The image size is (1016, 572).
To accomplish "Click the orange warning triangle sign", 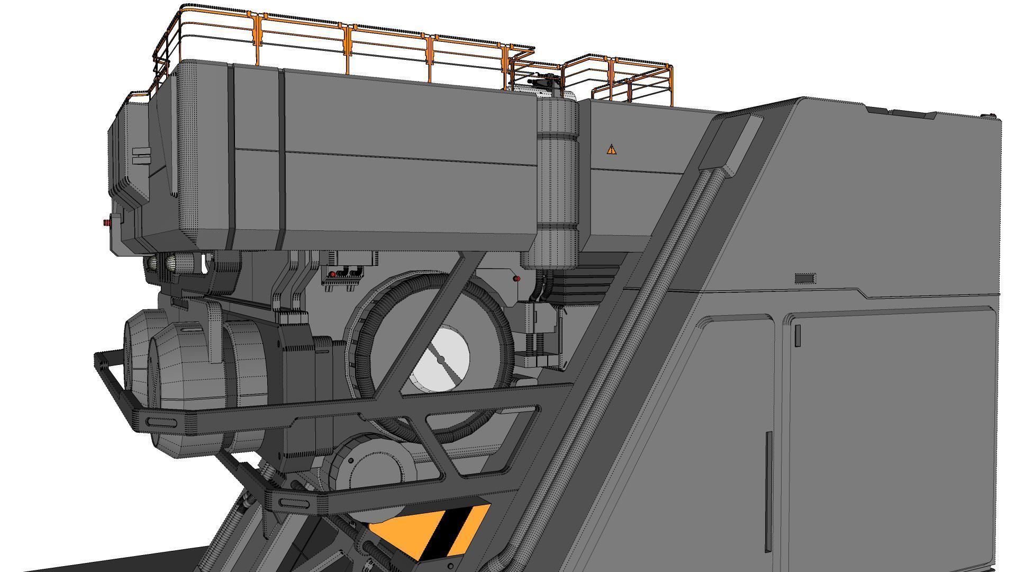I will (x=612, y=149).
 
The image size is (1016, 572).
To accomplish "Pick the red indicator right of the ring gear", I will (x=516, y=279).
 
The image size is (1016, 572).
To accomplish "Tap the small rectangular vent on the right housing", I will (x=805, y=279).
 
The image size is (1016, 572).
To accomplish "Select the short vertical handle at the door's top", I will (x=797, y=336).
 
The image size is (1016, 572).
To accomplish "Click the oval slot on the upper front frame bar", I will (x=162, y=422).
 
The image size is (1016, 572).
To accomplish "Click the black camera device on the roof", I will (x=545, y=81).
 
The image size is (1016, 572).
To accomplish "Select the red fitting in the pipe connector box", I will (x=332, y=274).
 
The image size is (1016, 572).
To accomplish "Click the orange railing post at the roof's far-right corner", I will (x=671, y=85).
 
